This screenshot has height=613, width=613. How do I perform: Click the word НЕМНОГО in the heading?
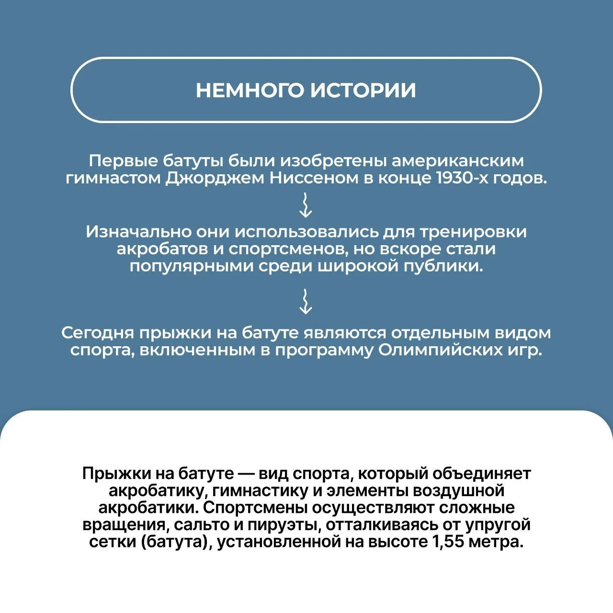[x=250, y=90]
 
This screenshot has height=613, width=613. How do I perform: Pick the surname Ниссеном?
[x=314, y=178]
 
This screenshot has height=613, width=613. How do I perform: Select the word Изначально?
[x=139, y=232]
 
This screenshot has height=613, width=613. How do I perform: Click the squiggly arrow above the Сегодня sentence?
[x=306, y=301]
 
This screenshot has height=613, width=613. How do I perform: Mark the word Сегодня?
[x=97, y=333]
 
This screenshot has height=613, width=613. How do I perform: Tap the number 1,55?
[x=448, y=542]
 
